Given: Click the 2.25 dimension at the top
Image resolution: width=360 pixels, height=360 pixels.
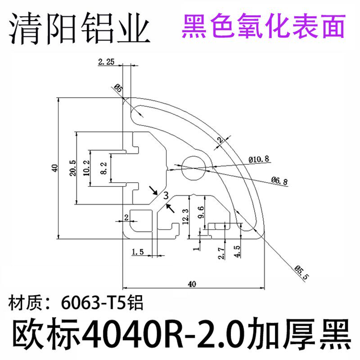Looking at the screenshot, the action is coord(106,63).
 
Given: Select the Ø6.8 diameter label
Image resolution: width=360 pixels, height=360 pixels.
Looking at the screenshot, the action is coord(279,180).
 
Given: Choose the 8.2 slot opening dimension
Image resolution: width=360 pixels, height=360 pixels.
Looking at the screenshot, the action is coord(103,167).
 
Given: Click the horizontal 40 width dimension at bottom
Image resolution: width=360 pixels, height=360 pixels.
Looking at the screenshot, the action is coord(192,284).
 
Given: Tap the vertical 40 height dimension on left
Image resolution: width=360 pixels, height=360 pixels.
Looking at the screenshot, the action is coord(54,168).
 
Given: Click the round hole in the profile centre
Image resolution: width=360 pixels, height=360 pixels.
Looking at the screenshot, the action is coord(194,166).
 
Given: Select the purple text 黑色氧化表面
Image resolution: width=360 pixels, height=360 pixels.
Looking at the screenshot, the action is coord(264,26).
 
